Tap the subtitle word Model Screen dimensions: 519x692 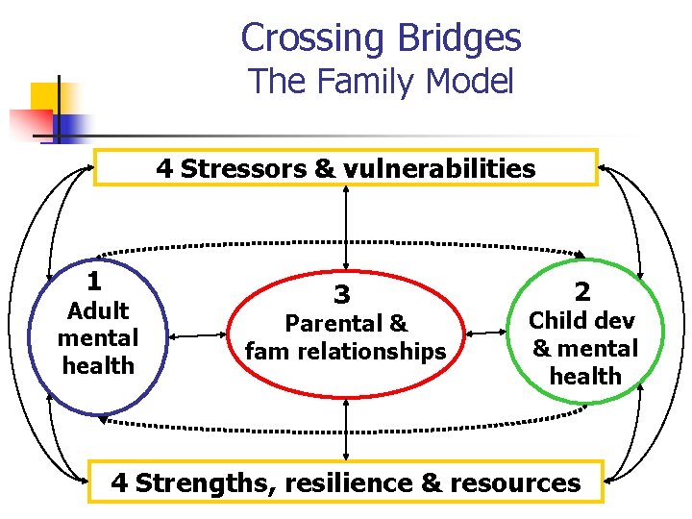pyautogui.click(x=470, y=82)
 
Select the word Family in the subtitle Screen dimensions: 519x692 pyautogui.click(x=365, y=82)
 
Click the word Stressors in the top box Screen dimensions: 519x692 pyautogui.click(x=243, y=169)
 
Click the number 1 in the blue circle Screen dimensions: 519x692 pyautogui.click(x=94, y=283)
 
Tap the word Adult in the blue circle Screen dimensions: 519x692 pyautogui.click(x=96, y=310)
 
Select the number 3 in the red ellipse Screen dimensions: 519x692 pyautogui.click(x=342, y=293)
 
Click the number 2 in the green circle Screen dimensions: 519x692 pyautogui.click(x=582, y=291)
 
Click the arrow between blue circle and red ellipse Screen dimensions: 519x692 pyautogui.click(x=196, y=335)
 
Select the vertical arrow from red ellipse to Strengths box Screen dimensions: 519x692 pyautogui.click(x=346, y=430)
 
